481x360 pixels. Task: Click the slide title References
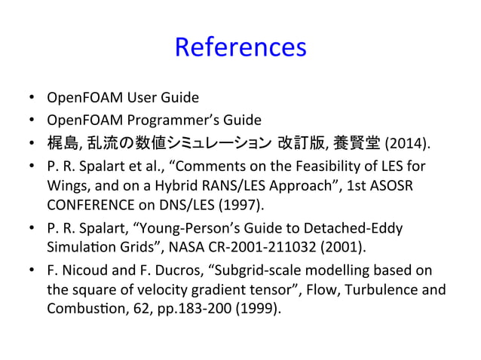[x=240, y=47]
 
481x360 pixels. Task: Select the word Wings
[x=66, y=185]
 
